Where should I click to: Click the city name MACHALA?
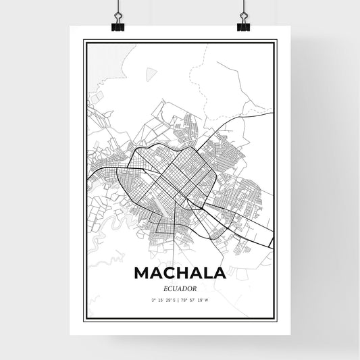click(179, 273)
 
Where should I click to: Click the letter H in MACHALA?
click(180, 273)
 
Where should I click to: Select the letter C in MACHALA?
click(167, 273)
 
